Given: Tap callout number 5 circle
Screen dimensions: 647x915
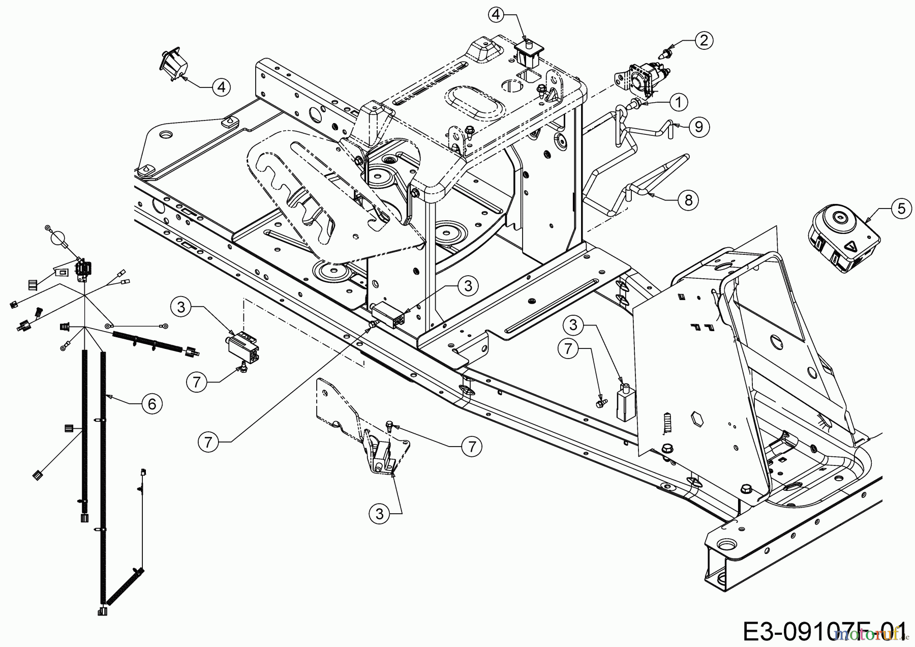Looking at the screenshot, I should tap(901, 209).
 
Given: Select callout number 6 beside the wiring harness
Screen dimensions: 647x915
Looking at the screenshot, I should tap(152, 404).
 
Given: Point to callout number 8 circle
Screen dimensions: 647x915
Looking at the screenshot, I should tap(688, 200).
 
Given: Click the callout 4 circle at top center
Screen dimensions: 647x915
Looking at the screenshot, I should tap(497, 15).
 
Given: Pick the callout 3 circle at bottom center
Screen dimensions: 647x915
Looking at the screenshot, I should tap(379, 514).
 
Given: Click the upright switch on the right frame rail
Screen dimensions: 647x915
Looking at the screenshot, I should tap(626, 404).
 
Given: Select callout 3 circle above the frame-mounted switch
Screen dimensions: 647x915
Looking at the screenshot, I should tap(468, 286).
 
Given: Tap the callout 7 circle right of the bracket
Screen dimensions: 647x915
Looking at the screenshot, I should tap(471, 447).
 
